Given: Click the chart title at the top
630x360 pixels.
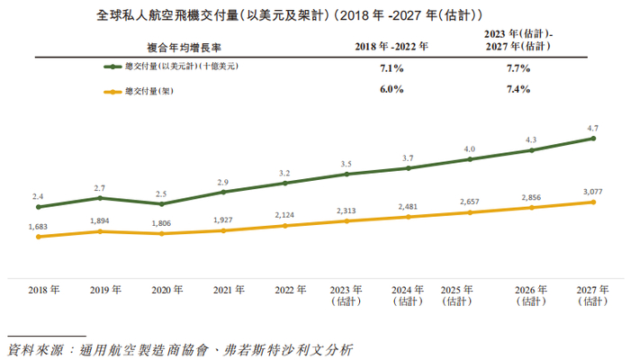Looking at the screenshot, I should (315, 15).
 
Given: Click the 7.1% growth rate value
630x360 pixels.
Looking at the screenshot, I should (391, 67).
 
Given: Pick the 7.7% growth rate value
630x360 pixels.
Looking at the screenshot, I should (518, 67).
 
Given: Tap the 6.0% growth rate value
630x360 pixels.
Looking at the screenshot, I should (391, 90).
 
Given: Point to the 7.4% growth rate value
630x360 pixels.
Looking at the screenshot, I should (518, 90).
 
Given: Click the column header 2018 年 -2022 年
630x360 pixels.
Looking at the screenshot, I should (391, 44).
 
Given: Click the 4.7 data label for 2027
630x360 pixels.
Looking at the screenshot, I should (592, 129).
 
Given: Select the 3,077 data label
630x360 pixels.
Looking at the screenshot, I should (592, 192).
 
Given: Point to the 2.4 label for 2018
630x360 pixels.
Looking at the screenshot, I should (38, 196).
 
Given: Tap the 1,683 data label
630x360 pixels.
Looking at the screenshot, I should (38, 227).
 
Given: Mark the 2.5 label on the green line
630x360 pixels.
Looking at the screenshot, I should (162, 193).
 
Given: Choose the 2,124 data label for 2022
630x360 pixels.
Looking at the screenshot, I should (284, 214).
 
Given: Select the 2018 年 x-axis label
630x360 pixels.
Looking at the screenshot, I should (44, 290).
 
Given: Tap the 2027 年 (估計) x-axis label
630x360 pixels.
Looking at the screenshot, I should (591, 296).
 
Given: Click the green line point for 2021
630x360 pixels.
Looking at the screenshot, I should (222, 192).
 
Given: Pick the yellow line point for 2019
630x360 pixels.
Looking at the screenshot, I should (100, 231).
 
